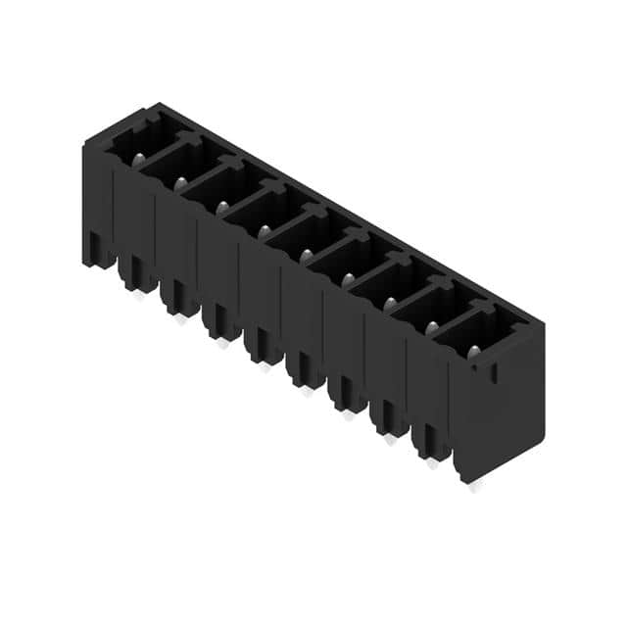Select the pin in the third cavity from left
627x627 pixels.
click(223, 207)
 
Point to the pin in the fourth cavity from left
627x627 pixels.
click(265, 231)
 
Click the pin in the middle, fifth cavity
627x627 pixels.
click(307, 255)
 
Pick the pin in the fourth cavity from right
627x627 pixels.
click(348, 279)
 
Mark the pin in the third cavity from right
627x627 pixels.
click(390, 303)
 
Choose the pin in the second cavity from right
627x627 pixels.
click(431, 327)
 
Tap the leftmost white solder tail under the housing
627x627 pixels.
click(139, 294)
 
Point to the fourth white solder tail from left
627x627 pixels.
click(265, 366)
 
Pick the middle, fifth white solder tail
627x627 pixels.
click(307, 391)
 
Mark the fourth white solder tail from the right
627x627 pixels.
click(349, 415)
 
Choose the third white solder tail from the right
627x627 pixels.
click(391, 440)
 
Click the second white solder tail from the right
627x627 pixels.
click(432, 463)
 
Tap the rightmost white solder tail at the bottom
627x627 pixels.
click(475, 487)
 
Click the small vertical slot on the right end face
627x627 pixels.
click(493, 372)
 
